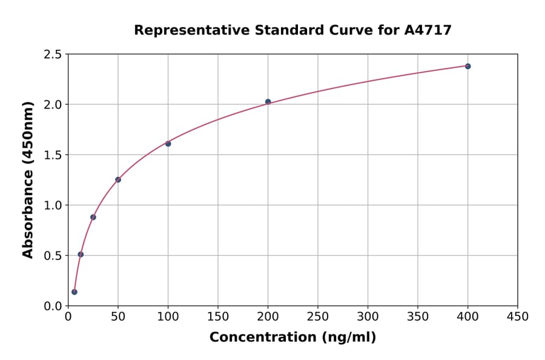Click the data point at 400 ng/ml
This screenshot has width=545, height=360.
(x=467, y=66)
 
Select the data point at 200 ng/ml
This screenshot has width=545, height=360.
(x=268, y=102)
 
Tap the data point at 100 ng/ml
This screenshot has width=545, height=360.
(x=168, y=144)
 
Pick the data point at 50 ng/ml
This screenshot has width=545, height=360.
(x=118, y=179)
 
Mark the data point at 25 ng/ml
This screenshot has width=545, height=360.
(x=93, y=217)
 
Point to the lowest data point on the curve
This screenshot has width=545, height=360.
(x=74, y=292)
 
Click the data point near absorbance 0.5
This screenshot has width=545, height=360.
(x=81, y=255)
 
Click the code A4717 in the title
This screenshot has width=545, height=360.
(x=428, y=30)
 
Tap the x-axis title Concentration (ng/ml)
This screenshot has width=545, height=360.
(x=292, y=337)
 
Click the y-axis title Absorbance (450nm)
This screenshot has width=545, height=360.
(x=28, y=179)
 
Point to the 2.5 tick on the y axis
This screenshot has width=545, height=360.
(x=53, y=55)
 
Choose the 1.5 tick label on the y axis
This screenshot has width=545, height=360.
(x=53, y=155)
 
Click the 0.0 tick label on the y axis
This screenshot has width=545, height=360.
(x=53, y=305)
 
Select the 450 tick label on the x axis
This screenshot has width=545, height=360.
(x=517, y=317)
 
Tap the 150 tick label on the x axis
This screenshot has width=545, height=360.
(x=218, y=317)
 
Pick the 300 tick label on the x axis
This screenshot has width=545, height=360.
(x=368, y=317)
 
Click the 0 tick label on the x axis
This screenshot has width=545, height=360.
(x=68, y=317)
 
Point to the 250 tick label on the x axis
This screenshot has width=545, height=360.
(x=318, y=317)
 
